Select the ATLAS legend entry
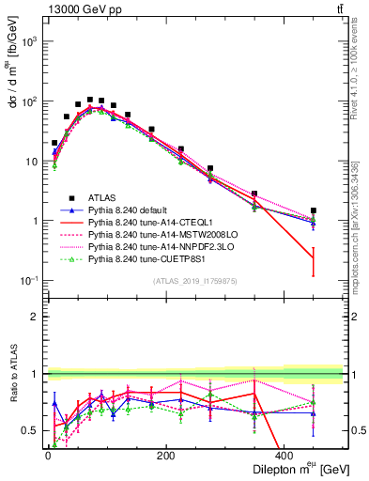click(x=104, y=197)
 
